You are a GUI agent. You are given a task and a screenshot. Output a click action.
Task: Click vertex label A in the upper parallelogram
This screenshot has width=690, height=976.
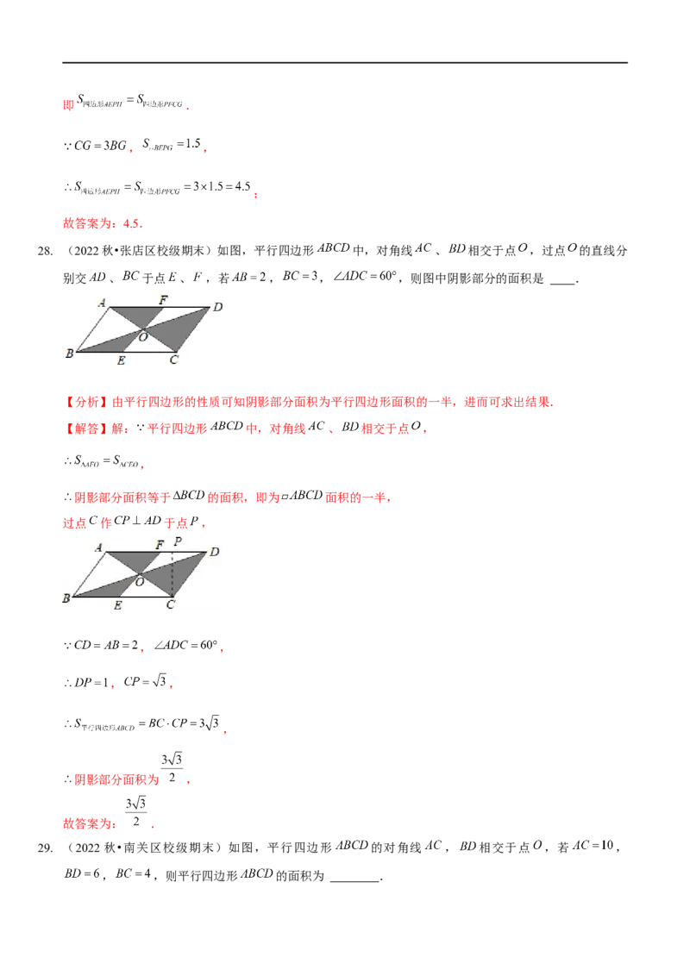102,303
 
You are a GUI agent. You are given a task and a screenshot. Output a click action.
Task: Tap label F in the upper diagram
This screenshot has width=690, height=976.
162,299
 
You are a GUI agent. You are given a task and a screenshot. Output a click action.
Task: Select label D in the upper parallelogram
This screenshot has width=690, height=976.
218,306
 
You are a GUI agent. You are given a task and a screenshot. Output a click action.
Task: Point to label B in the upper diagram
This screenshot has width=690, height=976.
68,353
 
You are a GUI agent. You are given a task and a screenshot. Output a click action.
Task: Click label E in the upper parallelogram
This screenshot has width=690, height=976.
121,360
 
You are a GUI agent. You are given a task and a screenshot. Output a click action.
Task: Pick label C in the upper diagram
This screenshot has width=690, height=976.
173,360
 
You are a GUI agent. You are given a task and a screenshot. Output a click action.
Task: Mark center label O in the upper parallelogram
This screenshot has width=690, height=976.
143,338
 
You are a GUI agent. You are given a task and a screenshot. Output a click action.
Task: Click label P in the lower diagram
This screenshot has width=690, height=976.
177,541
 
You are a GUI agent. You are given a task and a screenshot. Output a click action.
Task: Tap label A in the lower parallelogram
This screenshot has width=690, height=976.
99,547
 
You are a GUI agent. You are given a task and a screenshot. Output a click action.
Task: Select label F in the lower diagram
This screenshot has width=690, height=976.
159,545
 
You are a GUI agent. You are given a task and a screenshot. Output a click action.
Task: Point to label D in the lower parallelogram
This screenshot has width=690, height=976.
214,551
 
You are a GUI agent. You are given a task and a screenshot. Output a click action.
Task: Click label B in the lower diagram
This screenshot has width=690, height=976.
66,597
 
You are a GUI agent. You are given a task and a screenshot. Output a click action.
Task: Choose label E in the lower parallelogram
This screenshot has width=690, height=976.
117,605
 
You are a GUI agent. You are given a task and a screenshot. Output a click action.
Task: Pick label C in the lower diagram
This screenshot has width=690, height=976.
170,605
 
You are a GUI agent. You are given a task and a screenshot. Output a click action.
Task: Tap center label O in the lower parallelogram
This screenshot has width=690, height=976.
140,582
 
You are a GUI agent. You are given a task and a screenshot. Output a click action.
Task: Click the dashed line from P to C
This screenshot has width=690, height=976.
173,573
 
